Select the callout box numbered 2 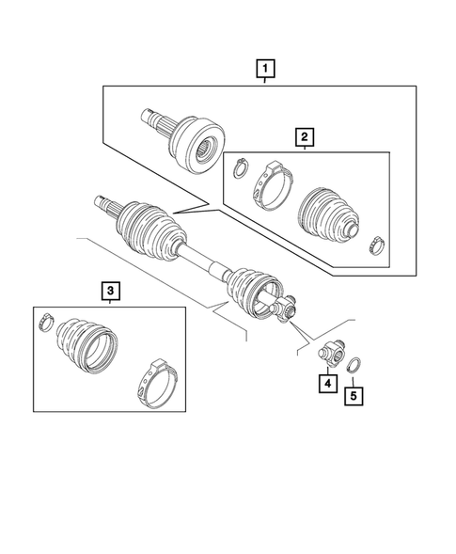coord(304,138)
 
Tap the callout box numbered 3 coord(110,293)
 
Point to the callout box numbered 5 coord(353,395)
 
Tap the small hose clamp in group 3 coord(44,324)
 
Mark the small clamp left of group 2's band coord(239,167)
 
